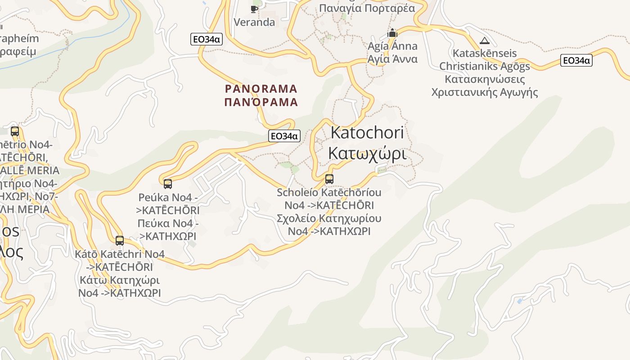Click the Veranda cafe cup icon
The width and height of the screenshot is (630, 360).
254,9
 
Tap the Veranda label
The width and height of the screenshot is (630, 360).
254,22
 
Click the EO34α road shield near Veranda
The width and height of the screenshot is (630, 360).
206,39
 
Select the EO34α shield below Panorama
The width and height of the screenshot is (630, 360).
284,136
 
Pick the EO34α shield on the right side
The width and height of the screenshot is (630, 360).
576,60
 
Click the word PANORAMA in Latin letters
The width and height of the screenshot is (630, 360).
261,88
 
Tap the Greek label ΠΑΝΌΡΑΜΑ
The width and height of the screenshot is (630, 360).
261,102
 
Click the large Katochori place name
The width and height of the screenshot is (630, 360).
367,132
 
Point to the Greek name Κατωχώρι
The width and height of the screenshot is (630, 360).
367,153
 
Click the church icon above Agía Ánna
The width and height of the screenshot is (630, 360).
392,33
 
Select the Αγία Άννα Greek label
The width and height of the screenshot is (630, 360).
392,59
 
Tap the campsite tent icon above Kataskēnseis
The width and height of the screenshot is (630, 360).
484,40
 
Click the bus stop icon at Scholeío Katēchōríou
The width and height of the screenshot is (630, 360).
329,179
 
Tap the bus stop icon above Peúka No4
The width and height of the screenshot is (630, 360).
168,184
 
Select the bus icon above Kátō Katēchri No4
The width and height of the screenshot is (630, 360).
120,241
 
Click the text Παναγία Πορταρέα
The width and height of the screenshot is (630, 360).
367,8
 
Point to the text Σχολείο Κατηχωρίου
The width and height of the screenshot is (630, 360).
329,219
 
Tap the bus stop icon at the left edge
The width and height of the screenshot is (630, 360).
15,131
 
